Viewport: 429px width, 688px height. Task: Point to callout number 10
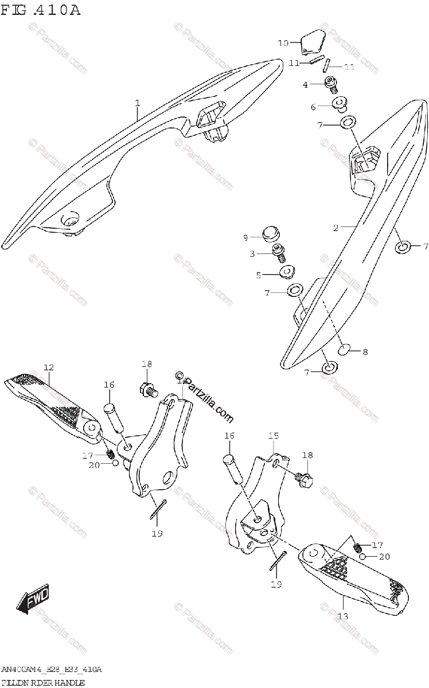click(283, 43)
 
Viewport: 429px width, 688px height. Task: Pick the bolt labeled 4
click(331, 85)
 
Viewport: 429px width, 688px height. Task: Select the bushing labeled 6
click(340, 105)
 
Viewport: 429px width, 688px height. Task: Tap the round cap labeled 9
click(270, 235)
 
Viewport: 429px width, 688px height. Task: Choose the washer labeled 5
click(285, 271)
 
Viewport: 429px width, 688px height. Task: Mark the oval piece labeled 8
click(344, 350)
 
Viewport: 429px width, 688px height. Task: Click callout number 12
click(48, 367)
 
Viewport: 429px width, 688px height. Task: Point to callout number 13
click(342, 616)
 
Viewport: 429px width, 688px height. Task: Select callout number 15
click(272, 436)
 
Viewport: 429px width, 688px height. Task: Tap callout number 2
click(336, 228)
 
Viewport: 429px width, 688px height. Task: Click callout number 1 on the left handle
click(138, 103)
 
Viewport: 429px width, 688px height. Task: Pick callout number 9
click(245, 237)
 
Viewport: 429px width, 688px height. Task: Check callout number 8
click(365, 352)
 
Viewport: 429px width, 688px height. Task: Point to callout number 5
click(259, 275)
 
